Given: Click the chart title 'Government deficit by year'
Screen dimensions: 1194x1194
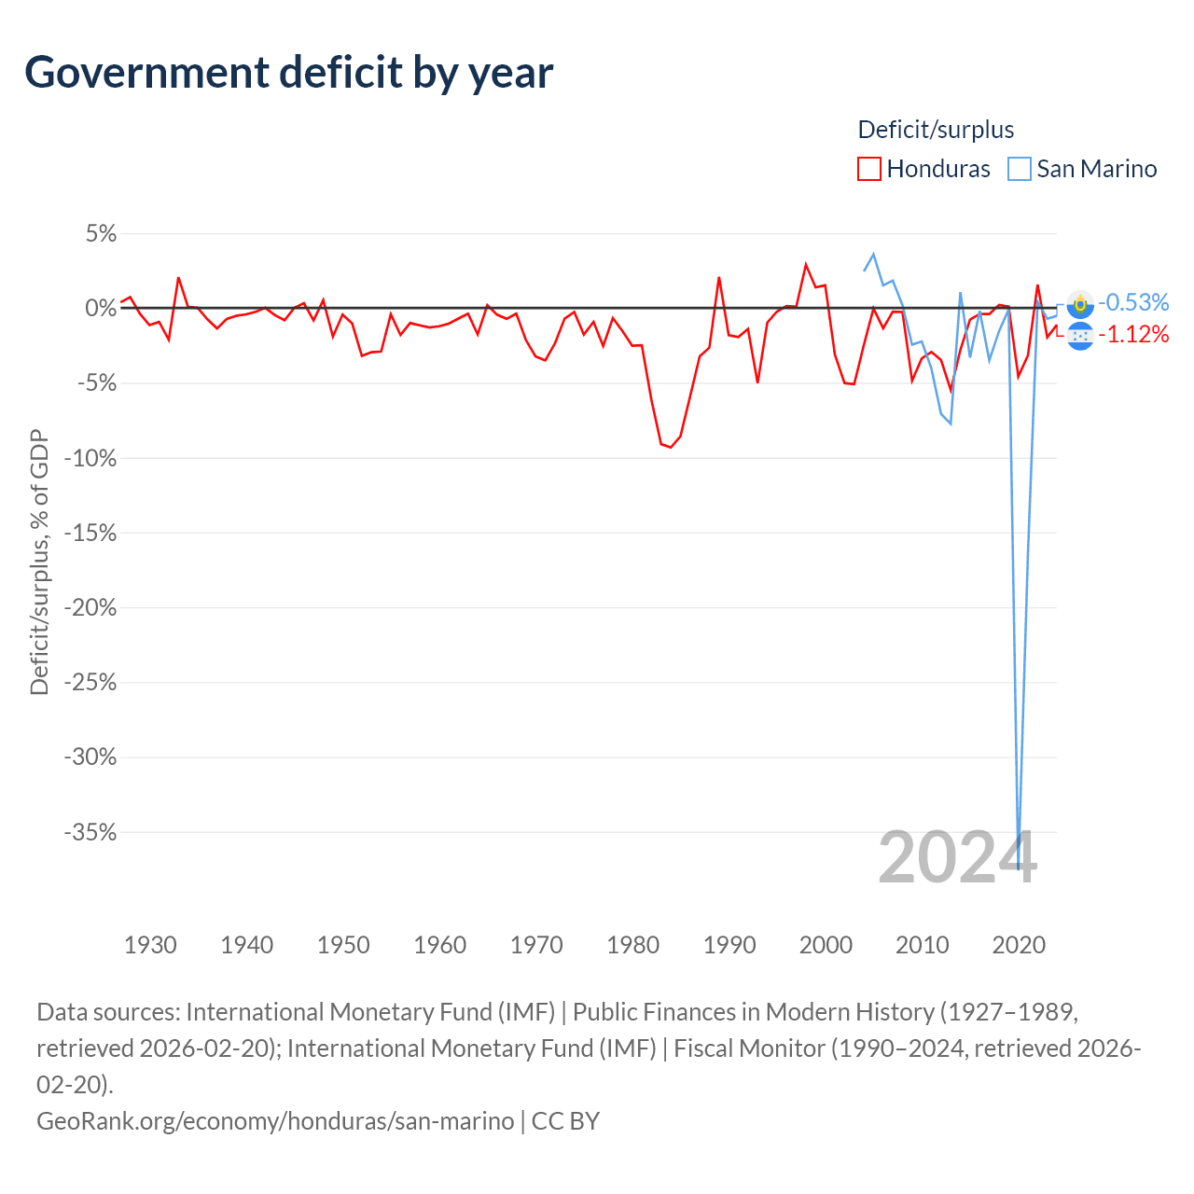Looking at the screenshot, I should click(289, 73).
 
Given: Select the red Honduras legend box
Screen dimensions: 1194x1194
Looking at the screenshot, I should click(868, 169).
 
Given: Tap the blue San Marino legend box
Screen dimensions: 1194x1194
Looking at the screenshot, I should click(1020, 169).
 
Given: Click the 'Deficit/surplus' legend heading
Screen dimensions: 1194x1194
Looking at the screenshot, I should click(936, 130).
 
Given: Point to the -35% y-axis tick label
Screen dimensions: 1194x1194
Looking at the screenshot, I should click(90, 832).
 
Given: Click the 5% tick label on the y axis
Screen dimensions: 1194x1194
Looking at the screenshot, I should click(101, 234).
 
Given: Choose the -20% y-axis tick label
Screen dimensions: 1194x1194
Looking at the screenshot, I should click(90, 608).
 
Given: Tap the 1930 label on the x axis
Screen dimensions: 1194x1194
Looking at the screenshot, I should click(150, 945).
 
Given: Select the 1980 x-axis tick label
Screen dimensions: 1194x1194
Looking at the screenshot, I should click(632, 945).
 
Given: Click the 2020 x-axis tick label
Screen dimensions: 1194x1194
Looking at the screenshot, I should click(1019, 945).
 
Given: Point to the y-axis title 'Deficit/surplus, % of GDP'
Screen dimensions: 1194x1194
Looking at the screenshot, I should click(39, 562).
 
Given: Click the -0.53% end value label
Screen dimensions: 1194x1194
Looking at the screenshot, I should click(1133, 302).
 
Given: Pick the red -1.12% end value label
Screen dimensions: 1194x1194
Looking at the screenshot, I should click(1133, 335).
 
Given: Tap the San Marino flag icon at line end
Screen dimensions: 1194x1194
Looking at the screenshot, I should click(1080, 303).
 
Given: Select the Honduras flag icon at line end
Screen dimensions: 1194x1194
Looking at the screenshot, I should click(1080, 335).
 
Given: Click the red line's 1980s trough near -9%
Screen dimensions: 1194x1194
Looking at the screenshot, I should click(670, 448).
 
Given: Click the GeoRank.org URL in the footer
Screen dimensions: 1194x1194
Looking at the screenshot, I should click(275, 1120).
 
